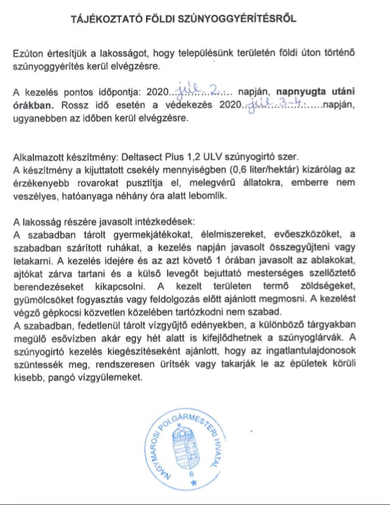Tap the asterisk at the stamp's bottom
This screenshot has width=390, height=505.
coord(192,483)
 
